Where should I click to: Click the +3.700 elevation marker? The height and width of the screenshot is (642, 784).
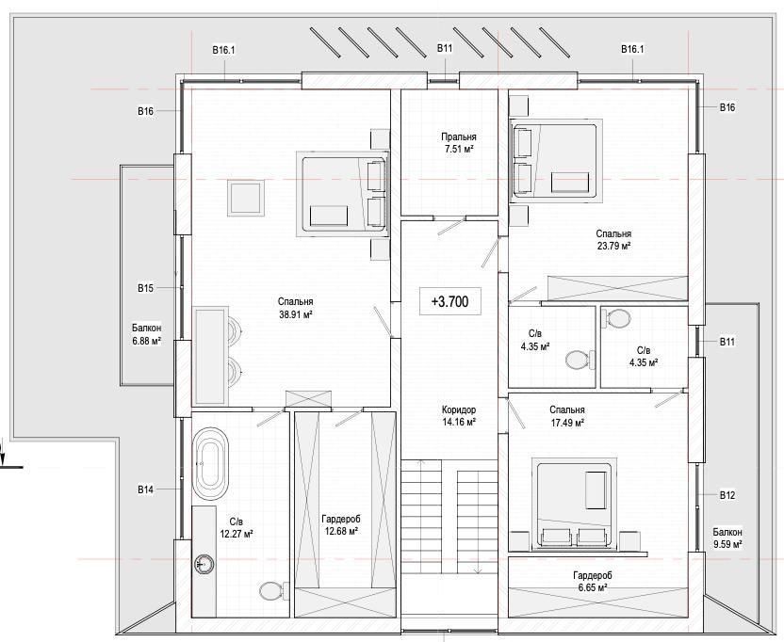click(x=449, y=301)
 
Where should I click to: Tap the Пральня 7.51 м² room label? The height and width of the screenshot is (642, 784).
click(x=459, y=142)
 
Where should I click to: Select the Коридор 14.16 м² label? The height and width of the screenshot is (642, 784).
click(x=459, y=416)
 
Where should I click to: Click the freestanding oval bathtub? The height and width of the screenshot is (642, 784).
click(x=211, y=464)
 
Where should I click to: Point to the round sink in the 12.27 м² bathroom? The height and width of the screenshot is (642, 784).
click(x=204, y=564)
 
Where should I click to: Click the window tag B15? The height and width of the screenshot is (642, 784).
click(x=145, y=288)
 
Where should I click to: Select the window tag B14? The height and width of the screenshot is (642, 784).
click(x=145, y=490)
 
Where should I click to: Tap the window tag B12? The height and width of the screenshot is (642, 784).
click(x=727, y=495)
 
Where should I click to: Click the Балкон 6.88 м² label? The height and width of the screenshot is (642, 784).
click(x=146, y=335)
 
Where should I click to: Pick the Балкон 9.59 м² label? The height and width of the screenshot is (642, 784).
click(x=727, y=538)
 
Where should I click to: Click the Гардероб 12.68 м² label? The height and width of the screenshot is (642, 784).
click(x=340, y=525)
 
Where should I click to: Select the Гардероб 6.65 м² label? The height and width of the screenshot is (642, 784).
click(x=593, y=581)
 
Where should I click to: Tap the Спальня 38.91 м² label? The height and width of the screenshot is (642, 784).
click(x=296, y=308)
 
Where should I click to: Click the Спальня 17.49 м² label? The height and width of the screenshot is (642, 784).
click(x=567, y=416)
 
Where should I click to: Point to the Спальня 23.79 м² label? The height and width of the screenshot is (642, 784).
click(x=613, y=239)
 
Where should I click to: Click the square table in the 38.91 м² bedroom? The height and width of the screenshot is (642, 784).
click(x=246, y=199)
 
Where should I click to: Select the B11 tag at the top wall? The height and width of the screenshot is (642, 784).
click(x=445, y=48)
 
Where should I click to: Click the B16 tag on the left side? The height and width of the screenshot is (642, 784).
click(x=145, y=111)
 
